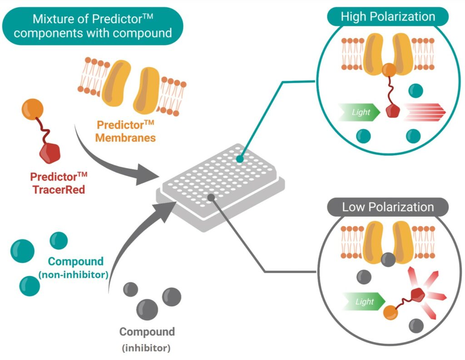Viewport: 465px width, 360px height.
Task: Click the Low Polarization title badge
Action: [388, 207]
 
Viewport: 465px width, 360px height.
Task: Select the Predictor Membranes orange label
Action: [125, 131]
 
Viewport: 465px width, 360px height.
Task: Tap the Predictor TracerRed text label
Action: [58, 183]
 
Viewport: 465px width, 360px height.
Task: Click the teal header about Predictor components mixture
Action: [93, 26]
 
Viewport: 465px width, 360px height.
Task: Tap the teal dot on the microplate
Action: [240, 159]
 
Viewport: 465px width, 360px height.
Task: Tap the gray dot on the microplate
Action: [211, 196]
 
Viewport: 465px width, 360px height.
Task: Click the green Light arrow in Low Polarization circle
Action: [363, 302]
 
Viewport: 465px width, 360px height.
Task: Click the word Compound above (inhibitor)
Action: [147, 332]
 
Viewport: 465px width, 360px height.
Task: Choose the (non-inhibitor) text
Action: [74, 274]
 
